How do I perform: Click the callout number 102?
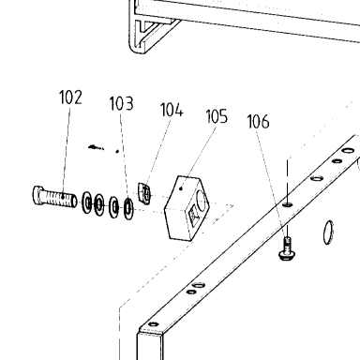pos(70,97)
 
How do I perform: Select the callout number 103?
pos(122,103)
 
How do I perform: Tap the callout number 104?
pos(172,110)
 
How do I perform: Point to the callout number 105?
pos(217,116)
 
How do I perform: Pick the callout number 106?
pos(258,122)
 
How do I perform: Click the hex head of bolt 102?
pos(38,196)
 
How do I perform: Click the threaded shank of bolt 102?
pos(60,200)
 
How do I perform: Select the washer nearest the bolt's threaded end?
pos(87,202)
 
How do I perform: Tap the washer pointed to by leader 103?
pos(128,208)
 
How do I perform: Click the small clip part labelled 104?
pos(144,193)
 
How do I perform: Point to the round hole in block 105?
pos(201,201)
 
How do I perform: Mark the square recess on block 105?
pos(194,215)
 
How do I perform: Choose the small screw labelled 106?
pos(286,249)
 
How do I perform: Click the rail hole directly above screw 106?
pos(288,205)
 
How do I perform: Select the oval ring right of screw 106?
pos(328,232)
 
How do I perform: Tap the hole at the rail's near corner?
pos(153,324)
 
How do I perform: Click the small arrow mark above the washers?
pos(96,147)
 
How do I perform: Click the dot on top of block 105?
pos(181,188)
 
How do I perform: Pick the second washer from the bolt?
pos(98,204)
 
